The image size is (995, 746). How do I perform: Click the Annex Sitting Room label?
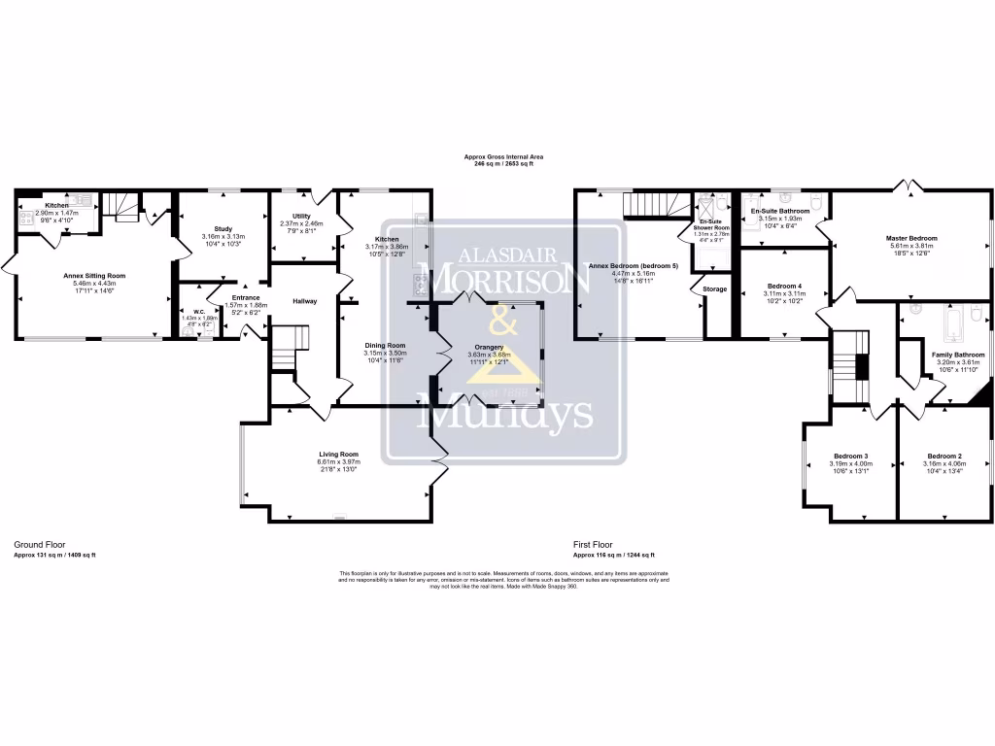tap(95, 276)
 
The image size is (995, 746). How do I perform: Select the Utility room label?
tap(300, 217)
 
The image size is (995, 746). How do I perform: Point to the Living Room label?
tap(338, 454)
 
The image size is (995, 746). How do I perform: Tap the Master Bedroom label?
tap(910, 238)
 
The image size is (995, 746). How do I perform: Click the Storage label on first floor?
tap(714, 288)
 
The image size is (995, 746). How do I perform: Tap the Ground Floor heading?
tap(40, 546)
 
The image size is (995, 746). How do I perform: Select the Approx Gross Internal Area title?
tap(503, 156)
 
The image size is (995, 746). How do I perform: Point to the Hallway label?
tap(305, 302)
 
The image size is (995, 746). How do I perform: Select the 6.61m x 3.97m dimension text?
tap(338, 461)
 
